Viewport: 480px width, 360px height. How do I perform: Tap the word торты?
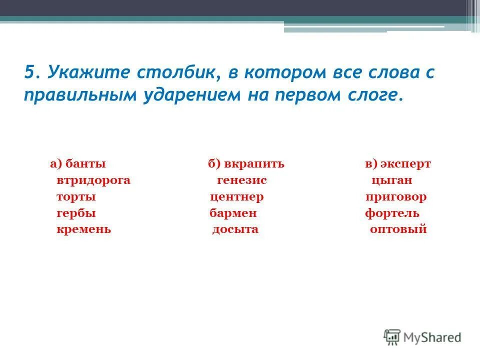coord(76,197)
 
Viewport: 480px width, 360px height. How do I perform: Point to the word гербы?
coord(76,213)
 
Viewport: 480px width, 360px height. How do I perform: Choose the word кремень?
coord(83,230)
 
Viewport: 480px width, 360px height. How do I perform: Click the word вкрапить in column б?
coord(254,164)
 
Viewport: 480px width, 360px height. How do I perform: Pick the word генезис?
coord(242,180)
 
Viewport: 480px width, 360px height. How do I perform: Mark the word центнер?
coord(236,197)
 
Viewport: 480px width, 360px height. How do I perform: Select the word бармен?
coord(233,213)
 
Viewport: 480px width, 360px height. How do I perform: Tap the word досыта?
coord(235,230)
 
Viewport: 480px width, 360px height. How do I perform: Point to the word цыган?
coord(391,180)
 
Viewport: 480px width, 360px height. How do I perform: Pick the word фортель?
coord(392,213)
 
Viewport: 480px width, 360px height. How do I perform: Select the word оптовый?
coord(398,230)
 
